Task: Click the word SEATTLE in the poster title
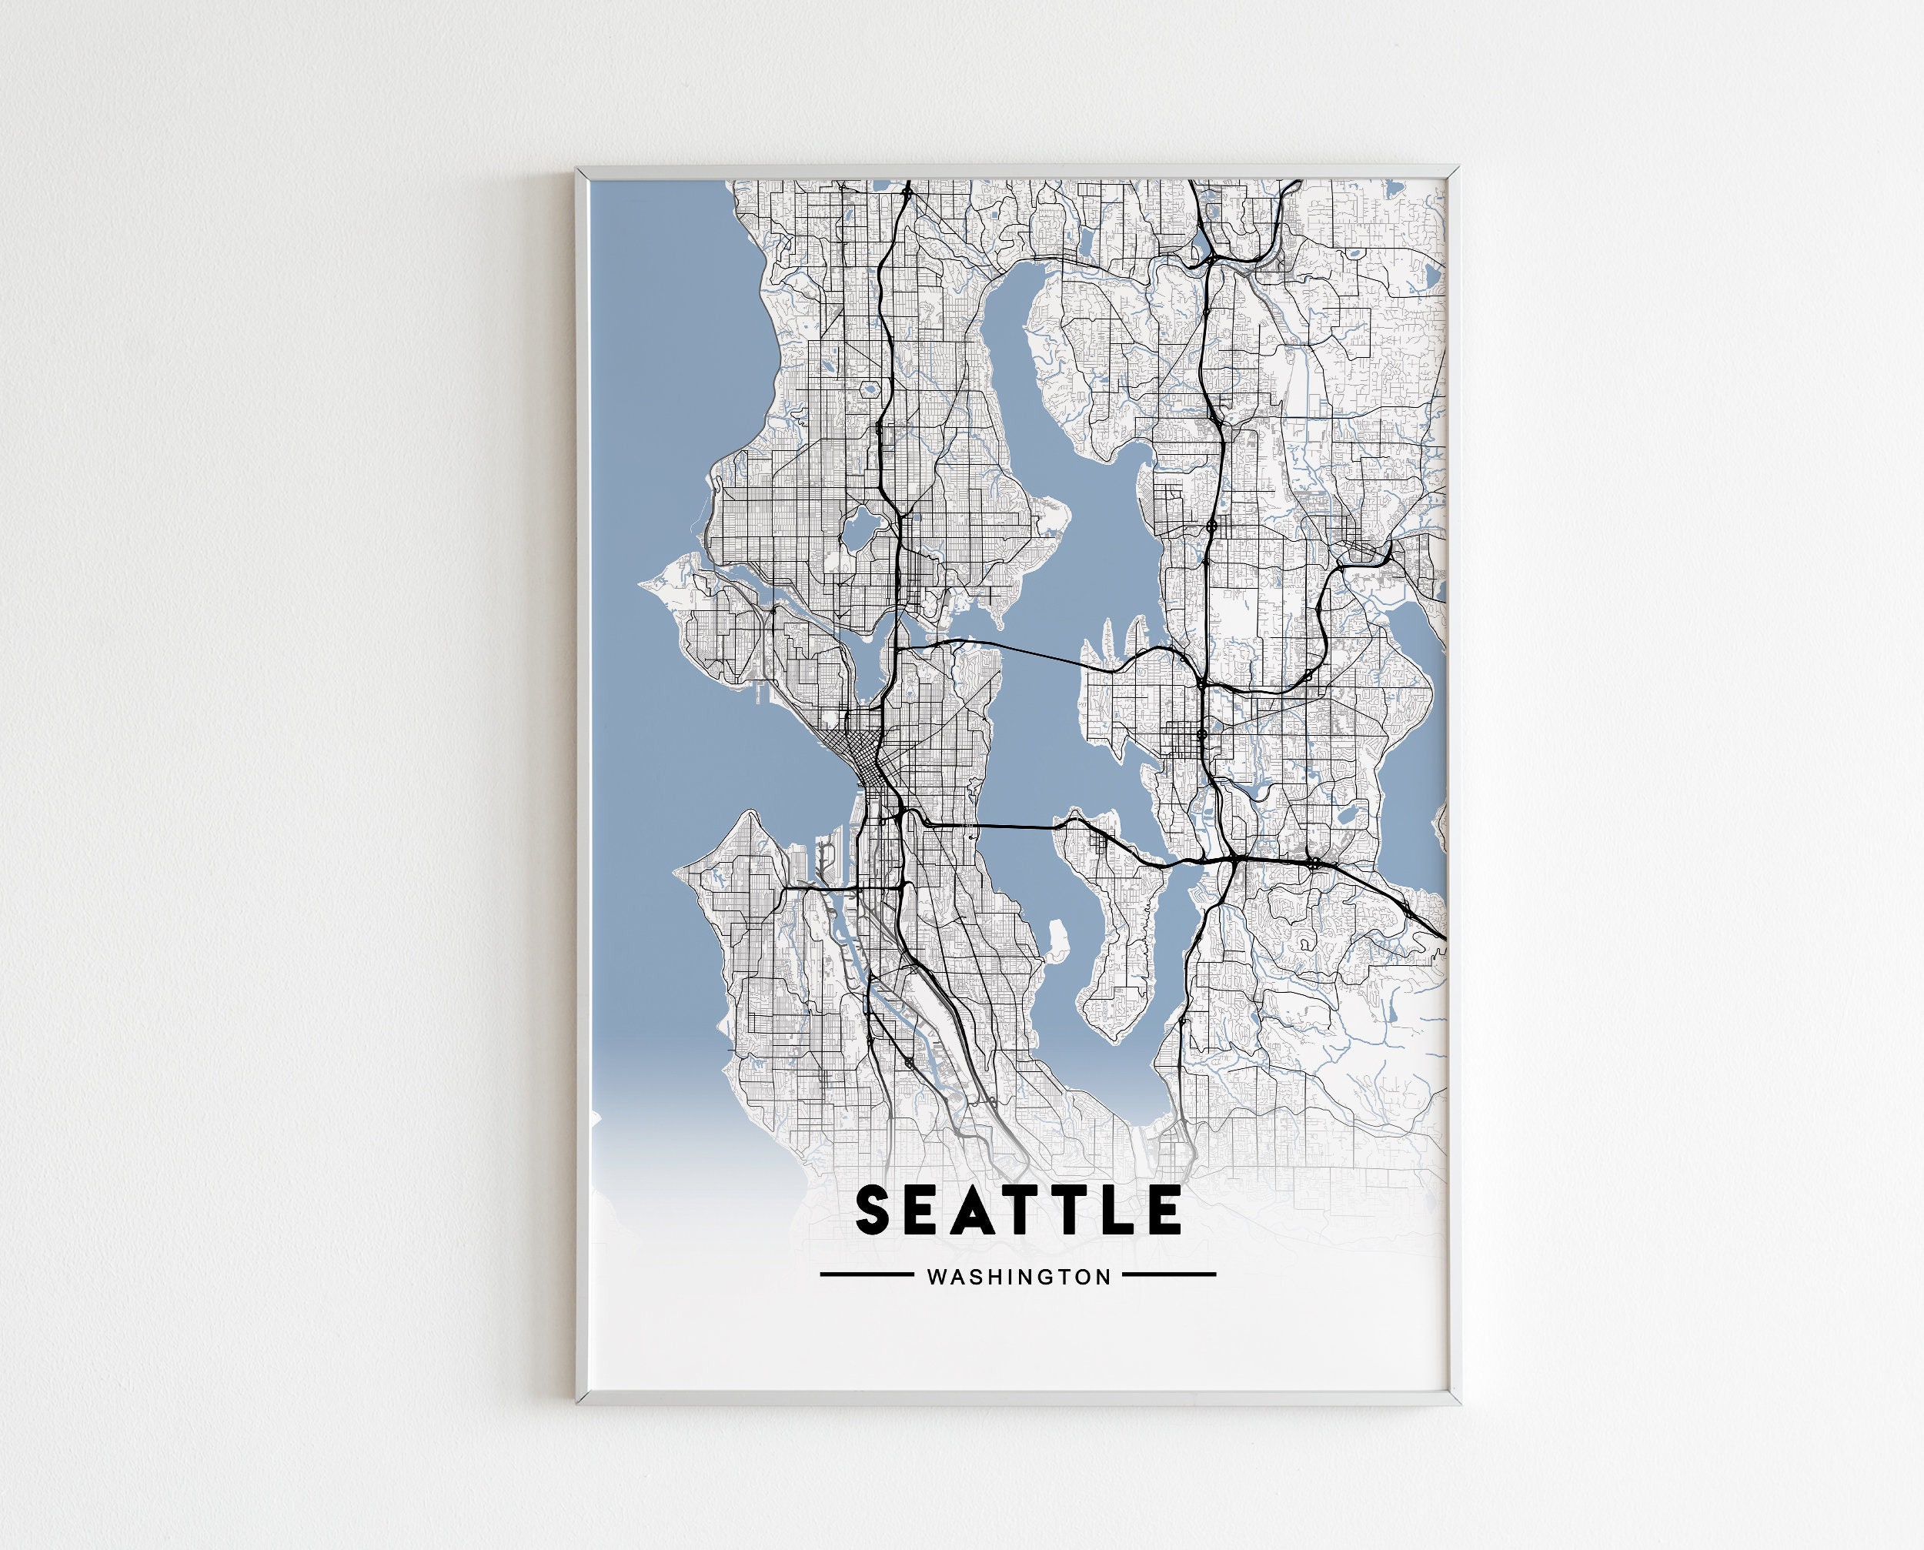coord(1018,1210)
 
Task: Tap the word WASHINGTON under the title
coord(1019,1277)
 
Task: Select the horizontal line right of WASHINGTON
coord(1169,1274)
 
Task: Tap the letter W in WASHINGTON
coord(937,1277)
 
